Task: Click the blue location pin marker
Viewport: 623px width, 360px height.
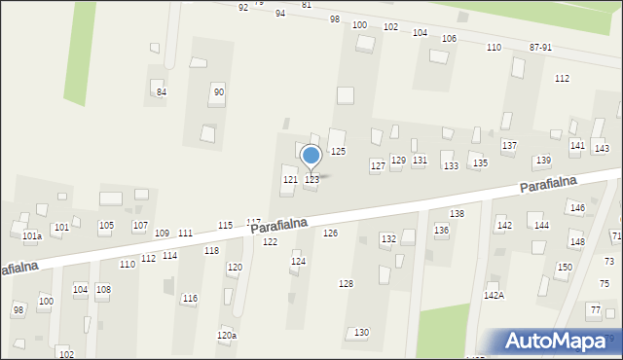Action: click(311, 156)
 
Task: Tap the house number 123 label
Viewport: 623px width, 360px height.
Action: click(311, 180)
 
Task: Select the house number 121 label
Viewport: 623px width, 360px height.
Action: click(290, 180)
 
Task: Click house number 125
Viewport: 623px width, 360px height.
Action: click(338, 152)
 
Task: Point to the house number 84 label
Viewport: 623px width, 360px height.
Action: click(162, 92)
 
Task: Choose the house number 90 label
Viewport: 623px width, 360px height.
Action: click(219, 92)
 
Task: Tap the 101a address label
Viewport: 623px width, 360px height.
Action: click(32, 235)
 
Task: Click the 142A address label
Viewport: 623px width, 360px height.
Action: click(494, 295)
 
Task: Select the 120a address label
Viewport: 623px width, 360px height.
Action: click(226, 336)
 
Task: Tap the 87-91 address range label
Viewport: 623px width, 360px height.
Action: click(540, 47)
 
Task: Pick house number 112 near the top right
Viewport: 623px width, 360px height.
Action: click(562, 78)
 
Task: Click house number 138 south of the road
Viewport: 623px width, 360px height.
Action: click(457, 213)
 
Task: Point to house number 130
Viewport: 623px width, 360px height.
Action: click(361, 333)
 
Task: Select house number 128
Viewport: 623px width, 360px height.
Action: click(346, 283)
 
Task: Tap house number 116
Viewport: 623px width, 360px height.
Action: click(190, 299)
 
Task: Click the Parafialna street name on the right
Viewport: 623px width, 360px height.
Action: click(549, 183)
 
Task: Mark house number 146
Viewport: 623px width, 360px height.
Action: click(577, 208)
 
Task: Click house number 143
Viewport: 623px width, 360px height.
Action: click(602, 148)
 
